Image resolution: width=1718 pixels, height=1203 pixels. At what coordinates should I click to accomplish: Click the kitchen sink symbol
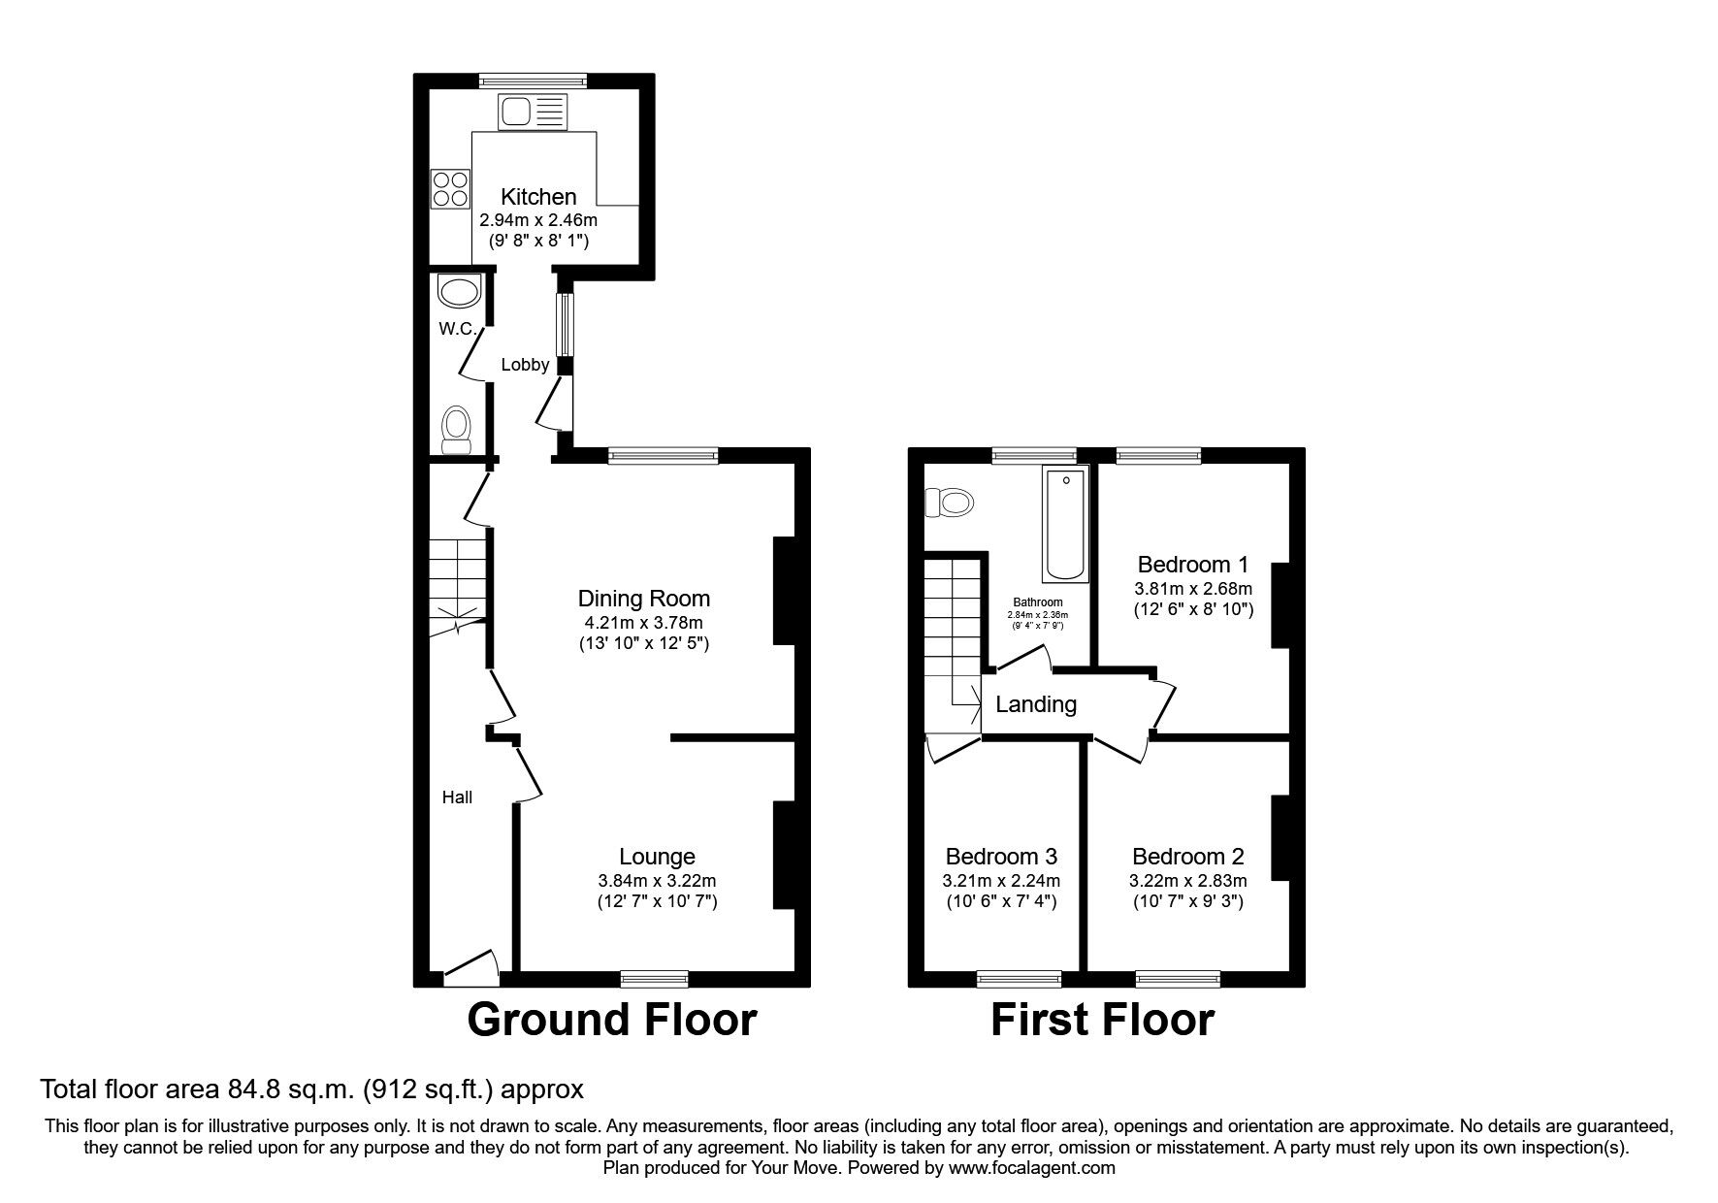(x=531, y=113)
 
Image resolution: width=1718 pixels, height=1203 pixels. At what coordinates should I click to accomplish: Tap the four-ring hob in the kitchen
(x=449, y=188)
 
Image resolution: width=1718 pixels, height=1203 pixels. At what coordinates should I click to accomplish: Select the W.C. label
(x=457, y=329)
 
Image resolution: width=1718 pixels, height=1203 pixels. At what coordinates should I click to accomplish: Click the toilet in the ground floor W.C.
(x=456, y=430)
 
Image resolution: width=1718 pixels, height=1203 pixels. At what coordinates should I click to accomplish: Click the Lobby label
(x=525, y=365)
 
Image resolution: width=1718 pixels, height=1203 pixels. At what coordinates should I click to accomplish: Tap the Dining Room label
(x=644, y=599)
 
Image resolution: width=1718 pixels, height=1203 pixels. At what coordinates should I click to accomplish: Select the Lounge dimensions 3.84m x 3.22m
(x=657, y=881)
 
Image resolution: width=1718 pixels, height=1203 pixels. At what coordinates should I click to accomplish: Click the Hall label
(x=457, y=797)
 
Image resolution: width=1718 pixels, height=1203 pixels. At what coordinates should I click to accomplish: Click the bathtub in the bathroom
(x=1065, y=523)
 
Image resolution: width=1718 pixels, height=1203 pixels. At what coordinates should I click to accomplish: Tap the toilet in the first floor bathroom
(x=950, y=503)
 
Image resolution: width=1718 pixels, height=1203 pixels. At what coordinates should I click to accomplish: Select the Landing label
(x=1036, y=704)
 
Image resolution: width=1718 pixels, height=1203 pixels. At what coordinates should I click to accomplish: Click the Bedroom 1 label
(x=1192, y=565)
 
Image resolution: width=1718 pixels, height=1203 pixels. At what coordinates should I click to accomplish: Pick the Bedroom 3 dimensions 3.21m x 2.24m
(x=1001, y=881)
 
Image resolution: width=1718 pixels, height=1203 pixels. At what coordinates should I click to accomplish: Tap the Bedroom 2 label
(x=1187, y=857)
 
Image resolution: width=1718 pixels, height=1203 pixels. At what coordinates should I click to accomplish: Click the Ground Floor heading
(x=611, y=1021)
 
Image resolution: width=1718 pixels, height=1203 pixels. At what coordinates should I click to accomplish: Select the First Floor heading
(x=1102, y=1021)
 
